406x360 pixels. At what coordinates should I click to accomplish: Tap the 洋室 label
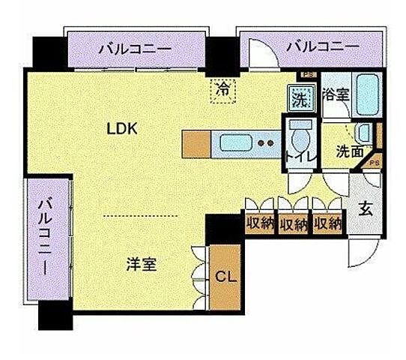[x=141, y=264]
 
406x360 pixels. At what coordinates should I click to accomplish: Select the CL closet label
[x=225, y=277]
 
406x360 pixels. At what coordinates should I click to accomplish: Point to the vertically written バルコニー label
[x=46, y=235]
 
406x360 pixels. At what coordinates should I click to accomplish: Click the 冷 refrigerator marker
[x=222, y=88]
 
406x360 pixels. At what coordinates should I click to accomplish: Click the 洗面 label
[x=350, y=151]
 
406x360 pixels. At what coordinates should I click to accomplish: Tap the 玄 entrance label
[x=365, y=209]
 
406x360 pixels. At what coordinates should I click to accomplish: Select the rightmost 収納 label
[x=327, y=223]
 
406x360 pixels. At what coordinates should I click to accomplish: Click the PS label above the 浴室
[x=306, y=74]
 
